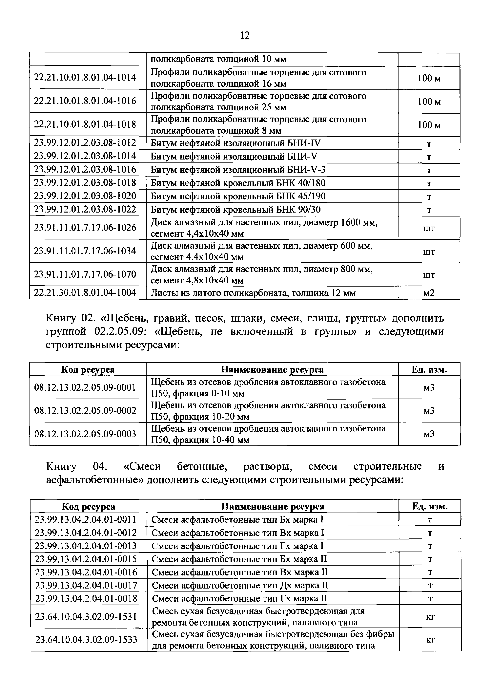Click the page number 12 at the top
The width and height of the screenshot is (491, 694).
click(x=245, y=36)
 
